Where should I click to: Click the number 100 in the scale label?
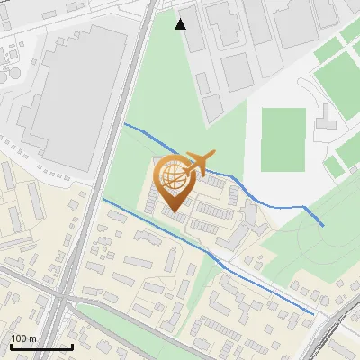coord(19,338)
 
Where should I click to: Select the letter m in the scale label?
coord(31,338)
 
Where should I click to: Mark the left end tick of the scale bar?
coord(10,346)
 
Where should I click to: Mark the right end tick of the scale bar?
coord(72,346)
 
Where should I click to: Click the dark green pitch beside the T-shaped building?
coord(283,139)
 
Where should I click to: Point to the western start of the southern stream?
coord(104,200)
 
